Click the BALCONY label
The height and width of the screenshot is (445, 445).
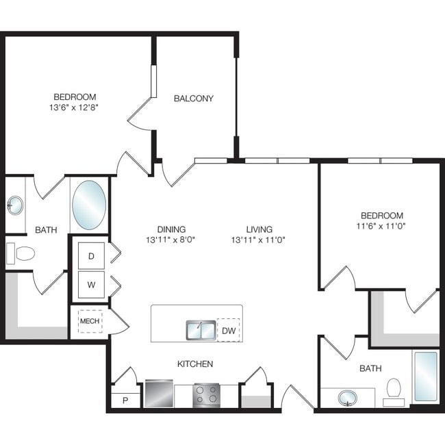[x=194, y=99]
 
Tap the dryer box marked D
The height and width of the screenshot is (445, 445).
[x=91, y=256]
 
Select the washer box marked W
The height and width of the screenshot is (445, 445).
[x=91, y=285]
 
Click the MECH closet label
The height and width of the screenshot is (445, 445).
[x=90, y=321]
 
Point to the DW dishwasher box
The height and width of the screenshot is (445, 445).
[x=229, y=330]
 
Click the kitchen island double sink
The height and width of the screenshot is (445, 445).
[x=201, y=330]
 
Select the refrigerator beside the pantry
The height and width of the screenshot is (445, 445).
[x=159, y=394]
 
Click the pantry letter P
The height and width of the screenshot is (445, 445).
[x=125, y=400]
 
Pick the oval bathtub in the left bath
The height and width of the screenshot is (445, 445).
[x=89, y=205]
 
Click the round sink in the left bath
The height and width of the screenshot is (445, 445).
[x=15, y=205]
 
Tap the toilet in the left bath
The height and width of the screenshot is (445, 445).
[x=21, y=253]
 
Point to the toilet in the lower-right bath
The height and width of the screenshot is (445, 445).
[x=394, y=392]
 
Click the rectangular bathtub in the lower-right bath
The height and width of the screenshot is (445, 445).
[x=426, y=377]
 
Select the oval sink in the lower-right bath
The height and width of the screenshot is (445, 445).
[x=347, y=398]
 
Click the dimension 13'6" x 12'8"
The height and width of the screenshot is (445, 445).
[x=74, y=107]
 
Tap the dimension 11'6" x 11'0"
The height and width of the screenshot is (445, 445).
[x=381, y=226]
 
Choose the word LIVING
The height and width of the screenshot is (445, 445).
[x=259, y=229]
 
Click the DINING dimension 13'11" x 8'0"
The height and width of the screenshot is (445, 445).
[x=171, y=240]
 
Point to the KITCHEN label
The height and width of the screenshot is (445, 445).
[x=195, y=364]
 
